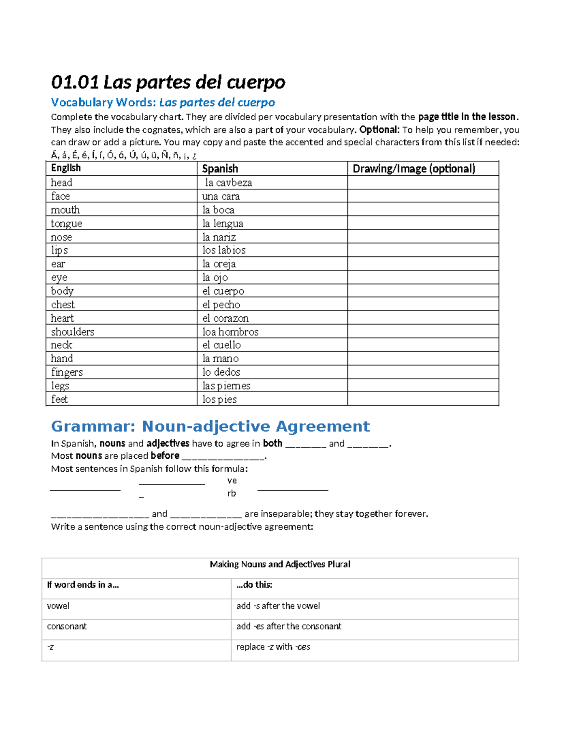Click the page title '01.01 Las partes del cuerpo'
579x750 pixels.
click(168, 82)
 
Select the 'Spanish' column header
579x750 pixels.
click(220, 169)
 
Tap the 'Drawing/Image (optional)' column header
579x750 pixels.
click(414, 169)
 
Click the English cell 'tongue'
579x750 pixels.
click(67, 224)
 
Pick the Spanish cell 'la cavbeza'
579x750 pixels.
click(228, 183)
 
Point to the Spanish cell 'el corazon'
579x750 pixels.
click(225, 318)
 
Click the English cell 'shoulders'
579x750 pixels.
click(72, 332)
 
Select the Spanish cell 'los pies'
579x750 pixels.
click(220, 399)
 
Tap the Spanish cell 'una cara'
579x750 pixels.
click(221, 196)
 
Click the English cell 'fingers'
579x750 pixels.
click(67, 372)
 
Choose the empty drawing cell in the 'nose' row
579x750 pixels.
click(423, 237)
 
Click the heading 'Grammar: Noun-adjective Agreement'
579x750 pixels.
click(210, 426)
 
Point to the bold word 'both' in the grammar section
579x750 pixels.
click(273, 443)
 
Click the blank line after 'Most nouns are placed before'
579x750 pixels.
click(223, 456)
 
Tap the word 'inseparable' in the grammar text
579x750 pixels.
click(278, 514)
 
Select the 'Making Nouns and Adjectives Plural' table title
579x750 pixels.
click(280, 564)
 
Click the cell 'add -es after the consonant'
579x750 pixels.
click(289, 626)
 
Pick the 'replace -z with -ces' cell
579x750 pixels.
click(273, 647)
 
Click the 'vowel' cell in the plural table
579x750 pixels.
click(58, 606)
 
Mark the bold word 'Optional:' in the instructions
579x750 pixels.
click(379, 129)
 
